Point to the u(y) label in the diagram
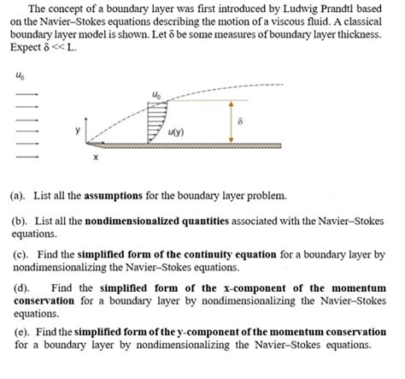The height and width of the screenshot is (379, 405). click(178, 132)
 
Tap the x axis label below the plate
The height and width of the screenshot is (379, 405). click(96, 158)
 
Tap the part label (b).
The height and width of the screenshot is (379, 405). click(20, 220)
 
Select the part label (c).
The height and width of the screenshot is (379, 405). click(20, 255)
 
